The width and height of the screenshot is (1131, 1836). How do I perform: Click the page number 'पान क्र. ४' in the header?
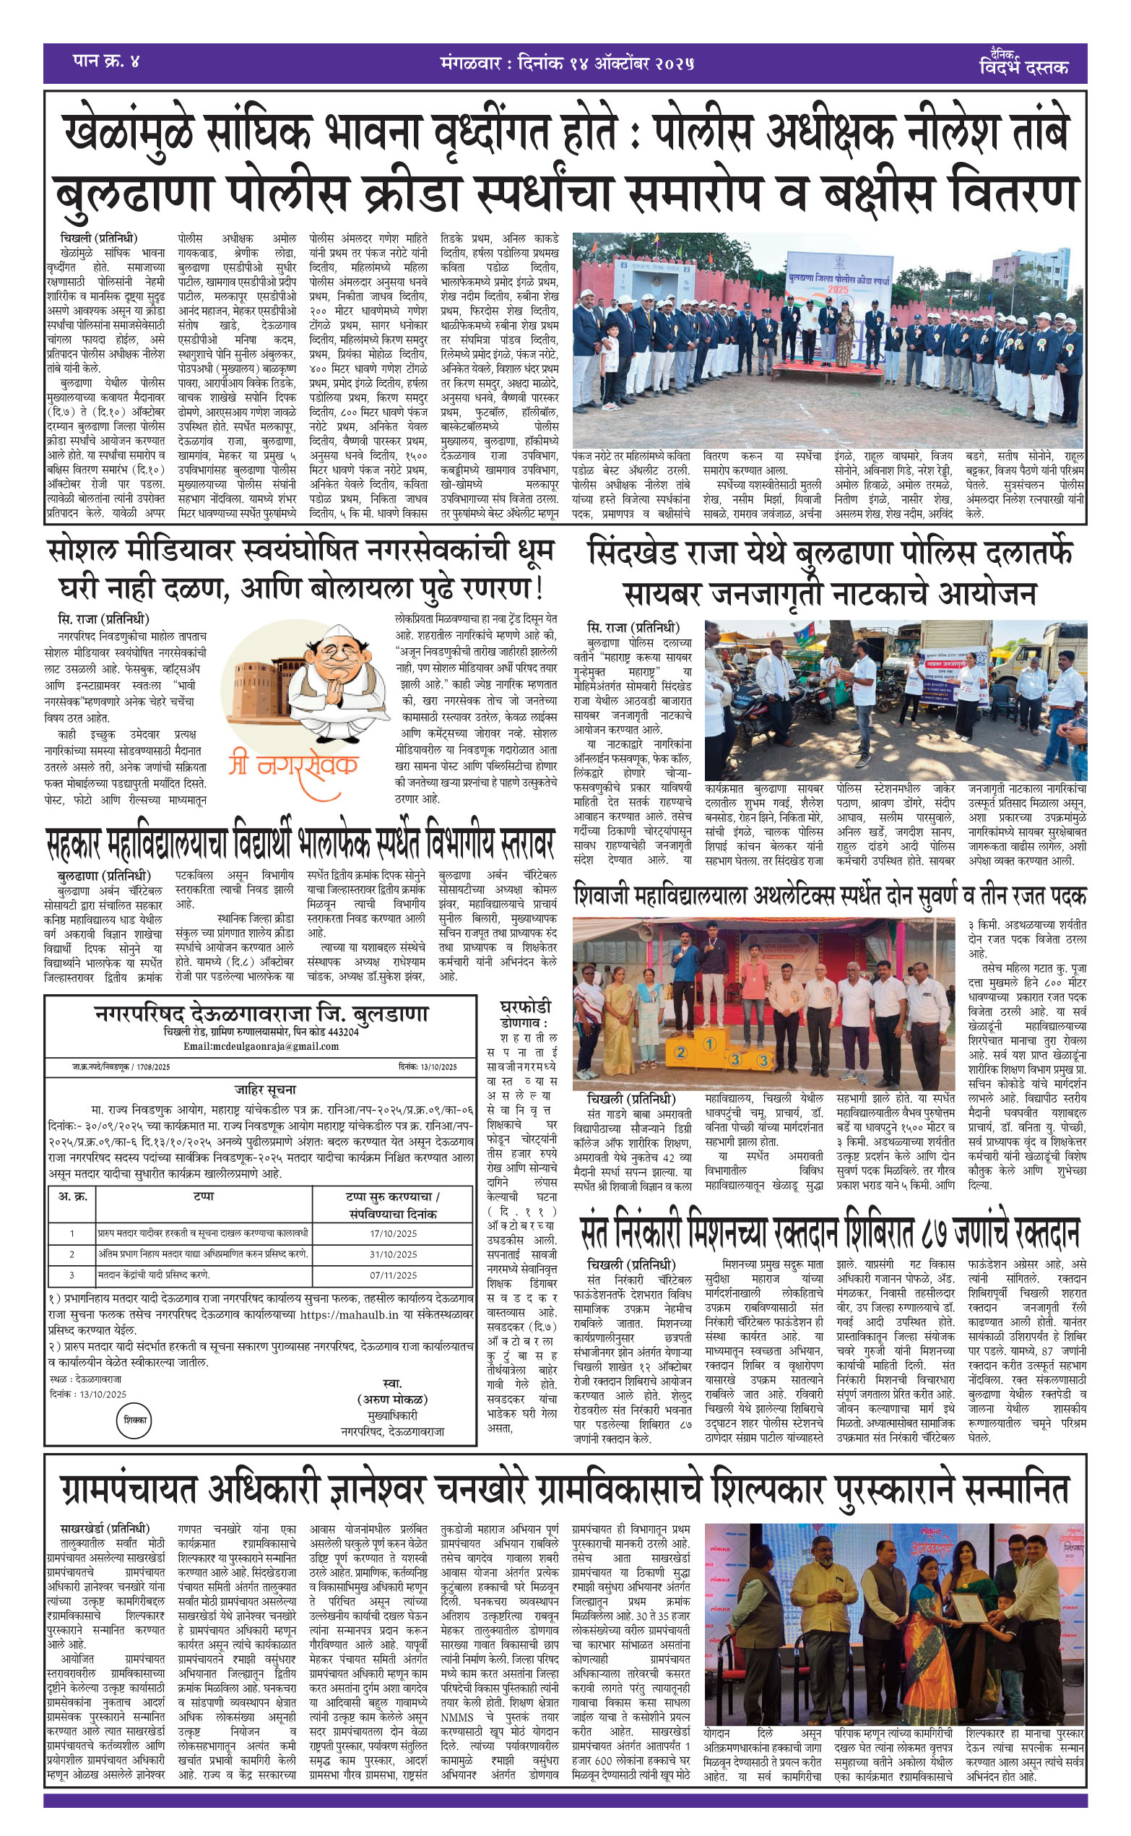pos(105,61)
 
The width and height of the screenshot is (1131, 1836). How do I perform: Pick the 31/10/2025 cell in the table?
pos(394,1254)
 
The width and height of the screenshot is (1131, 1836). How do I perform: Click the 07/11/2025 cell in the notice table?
pos(394,1275)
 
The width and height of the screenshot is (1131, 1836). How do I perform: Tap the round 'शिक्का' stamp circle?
pos(135,1419)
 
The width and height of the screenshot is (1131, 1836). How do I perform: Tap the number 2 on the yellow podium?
pos(680,1053)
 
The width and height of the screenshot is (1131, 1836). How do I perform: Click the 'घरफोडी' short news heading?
pos(525,1007)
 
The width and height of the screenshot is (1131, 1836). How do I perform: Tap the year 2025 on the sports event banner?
pos(838,289)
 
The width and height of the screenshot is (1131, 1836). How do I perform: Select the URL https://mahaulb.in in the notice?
pos(349,1314)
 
